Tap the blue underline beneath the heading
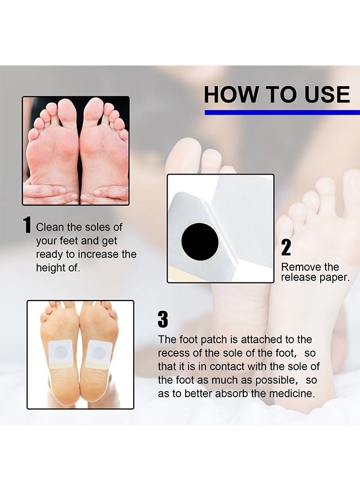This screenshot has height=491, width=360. pos(281,112)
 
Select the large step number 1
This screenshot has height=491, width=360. pos(27,225)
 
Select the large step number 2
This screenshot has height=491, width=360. pos(286,248)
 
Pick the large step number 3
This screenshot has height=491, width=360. pos(163,320)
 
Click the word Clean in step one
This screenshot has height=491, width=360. pos(49,227)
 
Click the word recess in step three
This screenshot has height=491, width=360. pos(173,353)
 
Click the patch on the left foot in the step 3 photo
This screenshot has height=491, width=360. pos(62,352)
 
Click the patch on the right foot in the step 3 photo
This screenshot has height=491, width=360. pos(99,354)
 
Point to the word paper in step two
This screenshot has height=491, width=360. pos(336,278)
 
